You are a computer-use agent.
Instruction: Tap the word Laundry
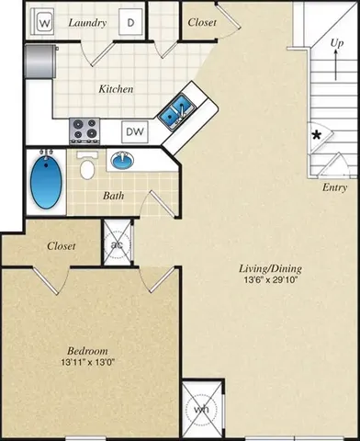coord(87,22)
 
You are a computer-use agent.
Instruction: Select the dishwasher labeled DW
coord(134,131)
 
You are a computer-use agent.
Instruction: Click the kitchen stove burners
coord(85,130)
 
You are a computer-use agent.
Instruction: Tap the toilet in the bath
coord(88,166)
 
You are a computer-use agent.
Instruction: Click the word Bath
coord(114,196)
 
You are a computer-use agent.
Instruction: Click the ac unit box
coord(117,244)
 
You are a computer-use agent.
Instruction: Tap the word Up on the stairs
coord(337,43)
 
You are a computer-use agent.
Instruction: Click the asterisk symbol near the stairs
coord(316,135)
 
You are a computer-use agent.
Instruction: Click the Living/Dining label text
coord(270,268)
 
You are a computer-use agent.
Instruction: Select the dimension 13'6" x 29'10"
coord(270,281)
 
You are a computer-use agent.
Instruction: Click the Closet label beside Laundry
coord(201,22)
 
